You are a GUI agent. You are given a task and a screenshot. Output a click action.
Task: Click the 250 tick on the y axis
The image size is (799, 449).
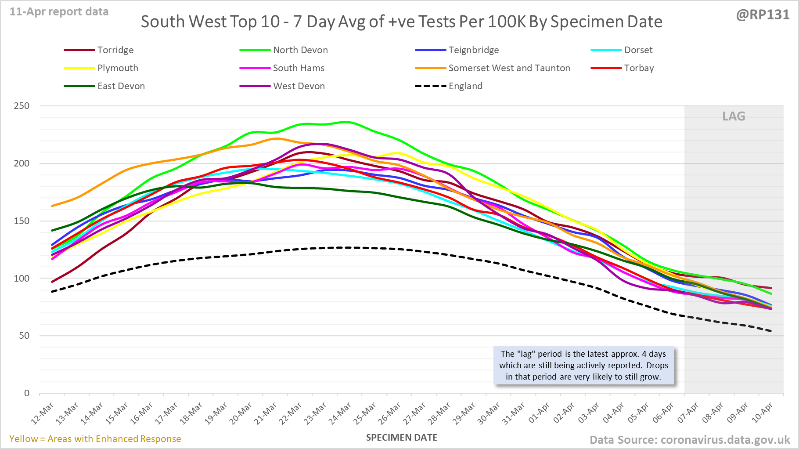[22, 106]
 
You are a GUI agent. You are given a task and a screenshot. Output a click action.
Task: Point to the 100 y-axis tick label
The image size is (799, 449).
[22, 278]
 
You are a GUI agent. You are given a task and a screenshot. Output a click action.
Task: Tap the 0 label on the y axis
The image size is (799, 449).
[27, 393]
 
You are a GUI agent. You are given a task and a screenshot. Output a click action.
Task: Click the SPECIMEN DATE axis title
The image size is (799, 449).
[402, 438]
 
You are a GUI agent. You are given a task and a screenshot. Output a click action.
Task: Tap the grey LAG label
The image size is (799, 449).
[734, 116]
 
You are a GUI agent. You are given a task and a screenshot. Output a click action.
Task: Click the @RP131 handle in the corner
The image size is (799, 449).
[763, 15]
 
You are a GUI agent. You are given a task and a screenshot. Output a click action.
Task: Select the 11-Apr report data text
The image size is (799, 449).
[59, 12]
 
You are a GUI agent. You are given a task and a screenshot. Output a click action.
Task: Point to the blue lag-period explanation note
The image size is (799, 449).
[583, 366]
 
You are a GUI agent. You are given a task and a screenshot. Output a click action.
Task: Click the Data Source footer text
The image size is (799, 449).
[690, 440]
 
